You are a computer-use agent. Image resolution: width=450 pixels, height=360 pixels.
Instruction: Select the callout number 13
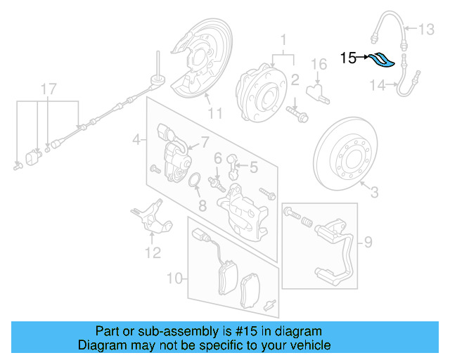tap(427, 30)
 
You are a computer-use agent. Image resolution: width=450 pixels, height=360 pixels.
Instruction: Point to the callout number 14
tap(378, 86)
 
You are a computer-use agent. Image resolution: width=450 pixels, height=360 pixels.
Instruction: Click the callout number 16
tap(319, 65)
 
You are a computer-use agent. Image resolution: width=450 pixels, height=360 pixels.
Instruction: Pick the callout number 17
tap(46, 89)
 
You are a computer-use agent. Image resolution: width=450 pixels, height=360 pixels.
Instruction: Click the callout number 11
tap(214, 112)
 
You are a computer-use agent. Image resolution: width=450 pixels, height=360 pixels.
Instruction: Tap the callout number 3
tap(374, 191)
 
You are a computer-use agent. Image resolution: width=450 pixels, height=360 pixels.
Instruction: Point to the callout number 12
tap(153, 252)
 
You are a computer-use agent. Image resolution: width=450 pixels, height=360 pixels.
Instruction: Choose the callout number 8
tap(202, 206)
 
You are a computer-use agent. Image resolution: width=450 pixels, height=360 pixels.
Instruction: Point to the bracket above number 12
tap(150, 214)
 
